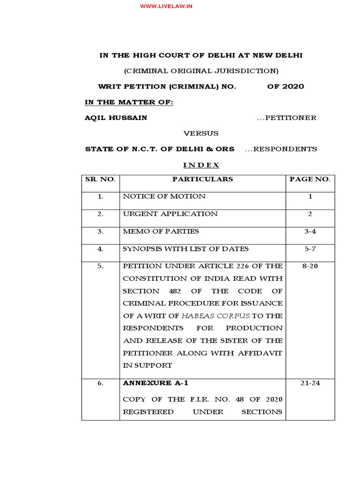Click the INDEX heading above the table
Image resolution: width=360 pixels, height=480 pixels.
(201, 165)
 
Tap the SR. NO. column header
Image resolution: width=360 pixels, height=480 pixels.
(100, 179)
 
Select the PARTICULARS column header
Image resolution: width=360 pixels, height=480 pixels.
(202, 179)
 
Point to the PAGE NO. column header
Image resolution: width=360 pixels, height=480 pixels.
(310, 179)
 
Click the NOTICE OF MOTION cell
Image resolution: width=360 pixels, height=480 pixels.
(164, 196)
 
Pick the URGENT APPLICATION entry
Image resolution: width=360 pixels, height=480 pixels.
(170, 214)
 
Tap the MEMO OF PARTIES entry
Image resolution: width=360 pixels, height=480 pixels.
(161, 231)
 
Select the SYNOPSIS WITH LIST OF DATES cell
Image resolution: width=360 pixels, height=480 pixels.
(186, 249)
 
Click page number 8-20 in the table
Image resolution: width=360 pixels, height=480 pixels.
(310, 266)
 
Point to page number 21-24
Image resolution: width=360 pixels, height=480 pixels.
(310, 383)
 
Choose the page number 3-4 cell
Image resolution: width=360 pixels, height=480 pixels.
(310, 231)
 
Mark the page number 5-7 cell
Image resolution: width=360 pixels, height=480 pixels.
(310, 249)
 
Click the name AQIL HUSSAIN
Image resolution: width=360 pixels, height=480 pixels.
(116, 118)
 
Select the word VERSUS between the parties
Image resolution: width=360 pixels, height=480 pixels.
(201, 133)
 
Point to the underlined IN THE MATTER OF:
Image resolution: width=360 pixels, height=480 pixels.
(129, 102)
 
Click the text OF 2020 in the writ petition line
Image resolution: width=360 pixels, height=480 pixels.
(285, 86)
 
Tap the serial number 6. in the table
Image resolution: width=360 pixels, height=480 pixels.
(100, 383)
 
